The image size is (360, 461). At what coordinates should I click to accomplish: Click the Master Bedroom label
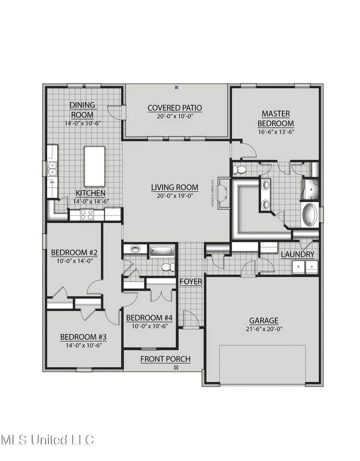click(x=276, y=118)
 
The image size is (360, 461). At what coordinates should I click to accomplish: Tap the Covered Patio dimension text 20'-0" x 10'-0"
click(x=175, y=116)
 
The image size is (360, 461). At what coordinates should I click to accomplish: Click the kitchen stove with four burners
click(x=86, y=214)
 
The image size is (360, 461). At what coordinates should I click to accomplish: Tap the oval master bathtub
click(x=310, y=215)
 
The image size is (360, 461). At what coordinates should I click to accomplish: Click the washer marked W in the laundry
click(x=299, y=267)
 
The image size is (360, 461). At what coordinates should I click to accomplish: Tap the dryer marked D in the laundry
click(x=311, y=267)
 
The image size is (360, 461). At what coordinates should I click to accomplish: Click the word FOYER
click(x=191, y=281)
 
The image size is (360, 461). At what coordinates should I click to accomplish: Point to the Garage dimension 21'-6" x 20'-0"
click(x=264, y=329)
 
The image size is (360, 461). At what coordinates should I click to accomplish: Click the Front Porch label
click(x=166, y=359)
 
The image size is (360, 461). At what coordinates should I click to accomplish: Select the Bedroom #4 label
click(x=149, y=317)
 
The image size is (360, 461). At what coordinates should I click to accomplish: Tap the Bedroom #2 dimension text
click(x=74, y=261)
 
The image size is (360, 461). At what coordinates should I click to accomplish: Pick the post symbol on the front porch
click(x=176, y=368)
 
